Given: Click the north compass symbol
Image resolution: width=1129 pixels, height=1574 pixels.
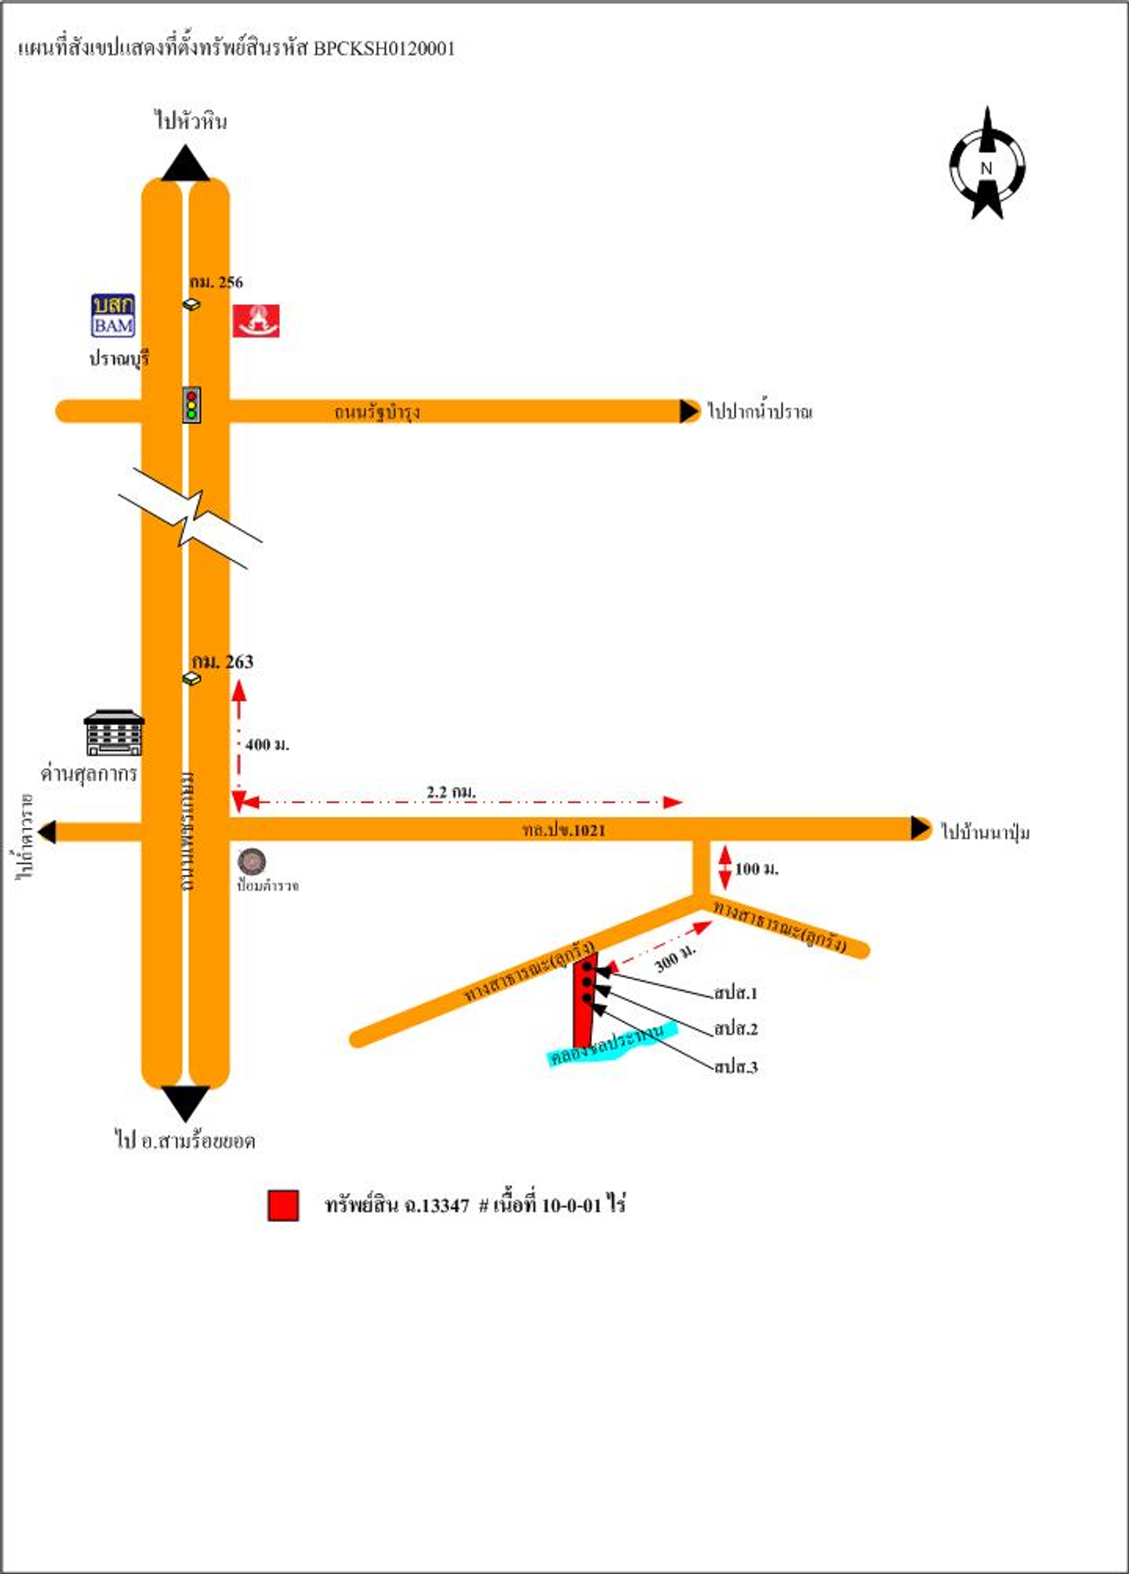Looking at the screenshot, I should (987, 165).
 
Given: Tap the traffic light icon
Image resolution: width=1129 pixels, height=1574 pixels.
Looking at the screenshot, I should (191, 405).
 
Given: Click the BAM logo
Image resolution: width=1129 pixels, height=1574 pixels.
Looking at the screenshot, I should (114, 316).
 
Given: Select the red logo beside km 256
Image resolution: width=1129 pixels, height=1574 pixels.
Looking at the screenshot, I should (256, 321).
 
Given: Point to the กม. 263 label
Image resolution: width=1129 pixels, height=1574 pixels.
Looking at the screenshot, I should (223, 662).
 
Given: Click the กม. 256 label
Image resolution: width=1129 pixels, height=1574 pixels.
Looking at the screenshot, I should (216, 282).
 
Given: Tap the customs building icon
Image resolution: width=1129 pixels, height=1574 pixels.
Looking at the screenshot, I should (114, 733).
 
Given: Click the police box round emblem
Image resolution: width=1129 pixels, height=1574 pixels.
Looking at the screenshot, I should (252, 862).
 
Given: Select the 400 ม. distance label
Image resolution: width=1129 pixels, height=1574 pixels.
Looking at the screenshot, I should (267, 745).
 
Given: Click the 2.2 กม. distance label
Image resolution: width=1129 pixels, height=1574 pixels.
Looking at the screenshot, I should (451, 792).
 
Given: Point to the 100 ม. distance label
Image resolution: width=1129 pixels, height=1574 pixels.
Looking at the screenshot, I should (757, 869).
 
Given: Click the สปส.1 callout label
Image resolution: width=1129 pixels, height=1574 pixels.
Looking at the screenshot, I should (736, 994).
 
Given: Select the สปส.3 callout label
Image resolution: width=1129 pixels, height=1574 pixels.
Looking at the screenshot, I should (736, 1067).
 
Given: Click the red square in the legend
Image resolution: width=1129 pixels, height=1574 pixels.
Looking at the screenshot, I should (283, 1205).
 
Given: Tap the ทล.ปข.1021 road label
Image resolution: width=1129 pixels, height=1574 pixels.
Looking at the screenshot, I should (564, 830).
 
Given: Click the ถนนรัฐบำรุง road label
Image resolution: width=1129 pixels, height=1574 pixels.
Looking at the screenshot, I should (377, 412).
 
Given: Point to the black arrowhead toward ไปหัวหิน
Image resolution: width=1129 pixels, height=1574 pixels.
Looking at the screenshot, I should (185, 164).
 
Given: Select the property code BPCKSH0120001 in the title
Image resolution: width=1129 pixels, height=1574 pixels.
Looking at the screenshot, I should (385, 49).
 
